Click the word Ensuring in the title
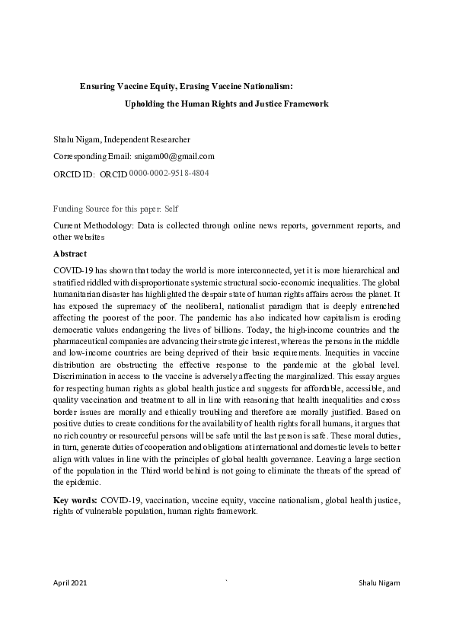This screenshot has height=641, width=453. [98, 87]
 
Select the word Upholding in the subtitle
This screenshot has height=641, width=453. [145, 104]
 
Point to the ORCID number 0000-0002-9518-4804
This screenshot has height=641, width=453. [169, 174]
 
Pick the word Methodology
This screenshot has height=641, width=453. [111, 226]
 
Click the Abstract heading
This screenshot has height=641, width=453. [70, 254]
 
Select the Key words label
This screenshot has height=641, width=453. [75, 500]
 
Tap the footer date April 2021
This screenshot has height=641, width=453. [70, 583]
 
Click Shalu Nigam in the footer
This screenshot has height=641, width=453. [378, 583]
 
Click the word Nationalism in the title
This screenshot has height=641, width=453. [260, 87]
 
